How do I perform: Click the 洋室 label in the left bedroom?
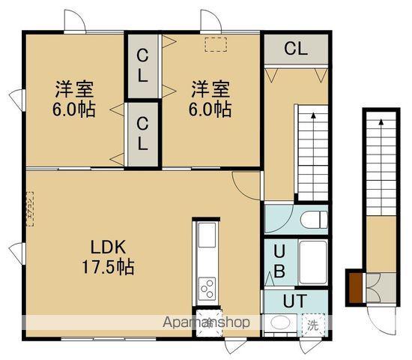pyautogui.click(x=73, y=88)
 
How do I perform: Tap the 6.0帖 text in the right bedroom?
pyautogui.click(x=210, y=109)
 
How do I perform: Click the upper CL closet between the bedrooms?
pyautogui.click(x=142, y=65)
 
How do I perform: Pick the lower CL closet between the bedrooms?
pyautogui.click(x=142, y=134)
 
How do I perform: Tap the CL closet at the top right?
pyautogui.click(x=296, y=49)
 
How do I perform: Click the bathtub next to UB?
pyautogui.click(x=312, y=262)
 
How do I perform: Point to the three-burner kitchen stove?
pyautogui.click(x=206, y=287)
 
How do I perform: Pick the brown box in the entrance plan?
pyautogui.click(x=354, y=286)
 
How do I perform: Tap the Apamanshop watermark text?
pyautogui.click(x=207, y=322)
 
